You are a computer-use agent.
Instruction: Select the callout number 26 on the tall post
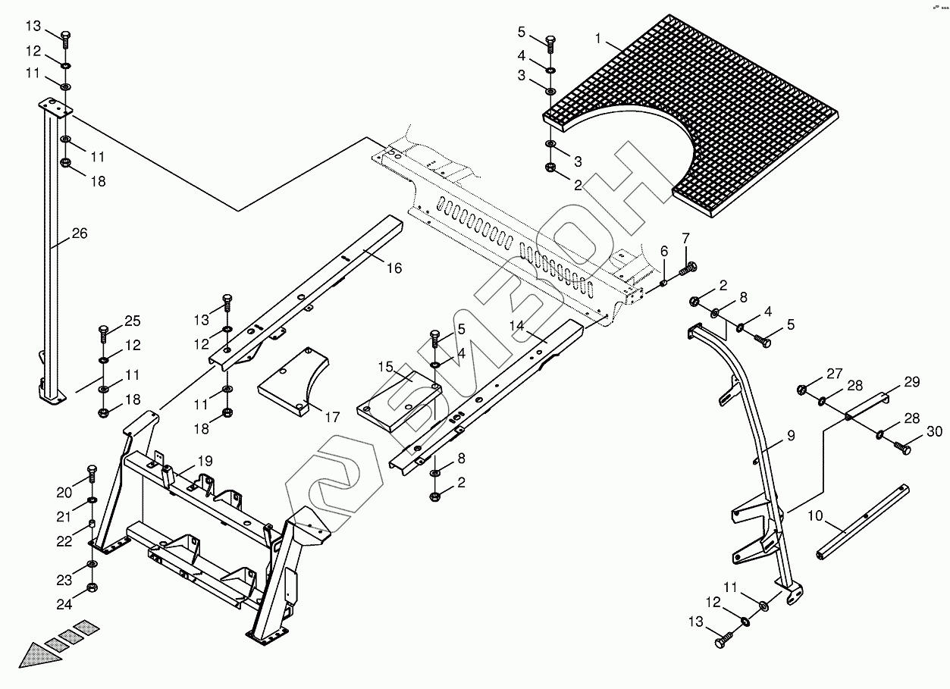[x=79, y=233]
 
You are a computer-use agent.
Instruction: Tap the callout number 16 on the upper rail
[x=393, y=268]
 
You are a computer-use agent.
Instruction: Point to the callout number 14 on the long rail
[x=517, y=325]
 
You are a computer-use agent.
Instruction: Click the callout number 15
[x=386, y=368]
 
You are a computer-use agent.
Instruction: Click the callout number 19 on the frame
[x=205, y=460]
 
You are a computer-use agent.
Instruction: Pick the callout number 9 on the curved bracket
[x=790, y=436]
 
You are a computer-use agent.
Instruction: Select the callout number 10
[x=815, y=516]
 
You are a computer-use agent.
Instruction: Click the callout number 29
[x=911, y=381]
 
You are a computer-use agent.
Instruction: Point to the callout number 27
[x=834, y=373]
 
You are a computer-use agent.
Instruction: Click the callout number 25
[x=133, y=321]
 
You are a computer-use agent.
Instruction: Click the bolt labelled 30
[x=901, y=448]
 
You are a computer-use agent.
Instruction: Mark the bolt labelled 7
[x=688, y=268]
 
